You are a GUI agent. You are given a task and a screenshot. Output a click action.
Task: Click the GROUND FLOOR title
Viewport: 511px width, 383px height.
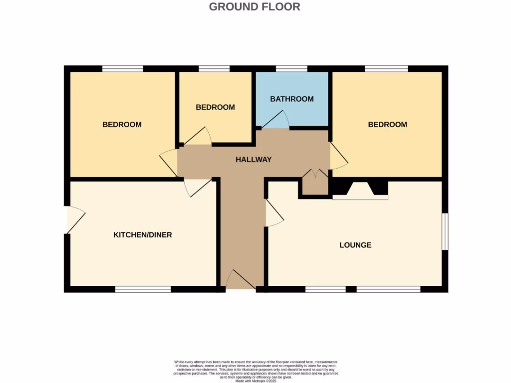[x=255, y=7]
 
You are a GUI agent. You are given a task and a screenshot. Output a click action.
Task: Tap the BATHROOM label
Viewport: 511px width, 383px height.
[x=292, y=99]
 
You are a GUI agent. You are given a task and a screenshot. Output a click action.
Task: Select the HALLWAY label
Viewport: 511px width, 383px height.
[x=254, y=160]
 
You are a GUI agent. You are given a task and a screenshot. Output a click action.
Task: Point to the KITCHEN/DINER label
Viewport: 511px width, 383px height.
[x=143, y=234]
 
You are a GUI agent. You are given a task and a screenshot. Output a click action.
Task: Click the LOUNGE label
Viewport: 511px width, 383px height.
[x=355, y=245]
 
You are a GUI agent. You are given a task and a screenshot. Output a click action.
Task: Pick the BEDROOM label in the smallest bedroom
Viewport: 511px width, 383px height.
[x=215, y=107]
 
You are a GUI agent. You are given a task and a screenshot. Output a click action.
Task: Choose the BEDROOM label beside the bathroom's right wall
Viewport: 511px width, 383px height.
[x=387, y=125]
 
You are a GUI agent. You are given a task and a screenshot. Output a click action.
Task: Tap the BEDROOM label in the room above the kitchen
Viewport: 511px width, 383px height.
[x=122, y=125]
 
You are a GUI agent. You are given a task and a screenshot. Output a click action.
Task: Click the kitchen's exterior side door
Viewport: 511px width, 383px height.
[x=75, y=219]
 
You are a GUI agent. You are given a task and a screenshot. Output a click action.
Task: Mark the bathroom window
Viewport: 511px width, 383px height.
[x=291, y=69]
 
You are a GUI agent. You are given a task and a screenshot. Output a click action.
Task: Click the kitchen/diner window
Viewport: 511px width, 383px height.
[x=143, y=289]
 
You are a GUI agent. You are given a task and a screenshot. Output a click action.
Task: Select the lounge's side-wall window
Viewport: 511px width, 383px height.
[x=445, y=231]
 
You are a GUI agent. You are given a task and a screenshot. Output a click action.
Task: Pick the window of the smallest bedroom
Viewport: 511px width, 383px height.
[x=214, y=69]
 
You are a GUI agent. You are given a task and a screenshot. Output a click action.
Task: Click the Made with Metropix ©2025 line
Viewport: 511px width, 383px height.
[x=255, y=381]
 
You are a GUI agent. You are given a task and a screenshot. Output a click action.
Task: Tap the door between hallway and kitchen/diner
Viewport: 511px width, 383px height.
[x=197, y=187]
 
